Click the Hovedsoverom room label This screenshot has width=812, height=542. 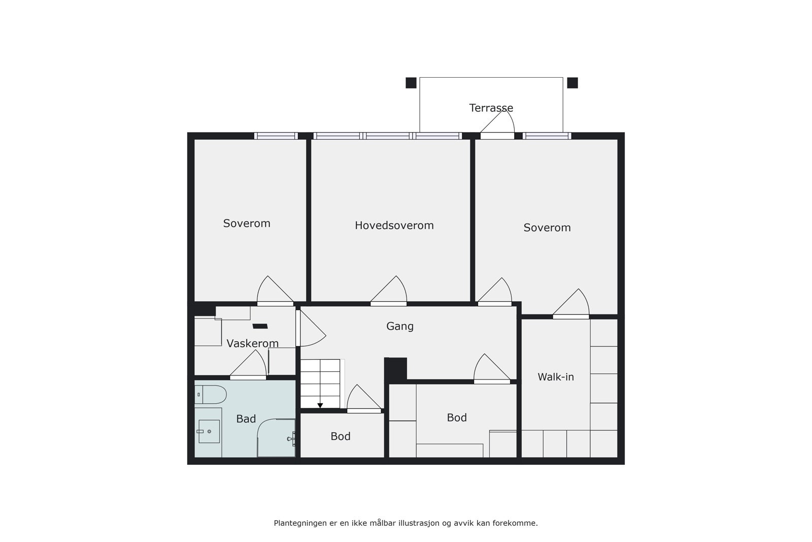pyautogui.click(x=394, y=226)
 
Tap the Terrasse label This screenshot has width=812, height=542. pyautogui.click(x=491, y=108)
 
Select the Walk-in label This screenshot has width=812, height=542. pyautogui.click(x=555, y=377)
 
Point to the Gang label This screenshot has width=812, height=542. pyautogui.click(x=400, y=326)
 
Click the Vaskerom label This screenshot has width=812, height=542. pyautogui.click(x=252, y=343)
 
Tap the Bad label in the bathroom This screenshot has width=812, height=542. pyautogui.click(x=246, y=419)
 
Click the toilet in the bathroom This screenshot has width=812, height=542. pyautogui.click(x=211, y=395)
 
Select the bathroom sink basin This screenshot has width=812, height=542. pyautogui.click(x=209, y=431)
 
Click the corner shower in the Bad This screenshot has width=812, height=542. pyautogui.click(x=276, y=438)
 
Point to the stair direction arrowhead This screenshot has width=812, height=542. pyautogui.click(x=320, y=405)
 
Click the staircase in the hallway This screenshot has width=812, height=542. pyautogui.click(x=320, y=384)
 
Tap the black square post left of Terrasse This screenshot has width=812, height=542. pyautogui.click(x=411, y=83)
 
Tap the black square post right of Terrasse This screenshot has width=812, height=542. pyautogui.click(x=572, y=83)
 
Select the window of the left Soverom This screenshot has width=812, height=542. pyautogui.click(x=276, y=136)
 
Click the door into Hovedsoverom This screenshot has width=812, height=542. pyautogui.click(x=389, y=291)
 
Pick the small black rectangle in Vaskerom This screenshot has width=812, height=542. pyautogui.click(x=260, y=326)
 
